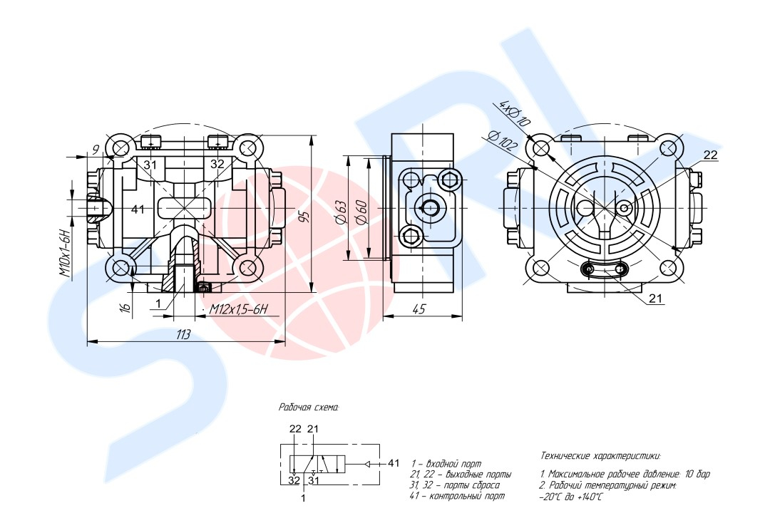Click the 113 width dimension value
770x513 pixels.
point(183,336)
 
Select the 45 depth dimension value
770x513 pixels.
point(419,309)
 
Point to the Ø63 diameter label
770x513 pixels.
point(342,212)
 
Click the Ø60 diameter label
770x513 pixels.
point(361,212)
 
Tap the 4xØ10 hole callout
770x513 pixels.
point(515,113)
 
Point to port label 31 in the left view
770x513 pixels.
point(150,165)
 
